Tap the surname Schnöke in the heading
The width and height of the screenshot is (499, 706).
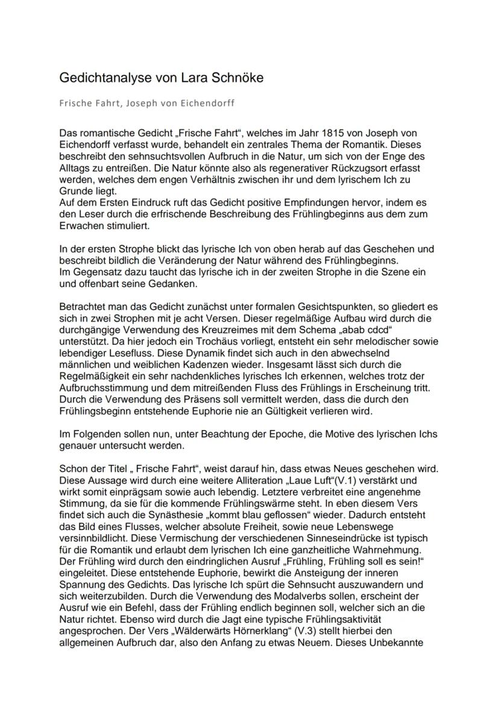(236, 78)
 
